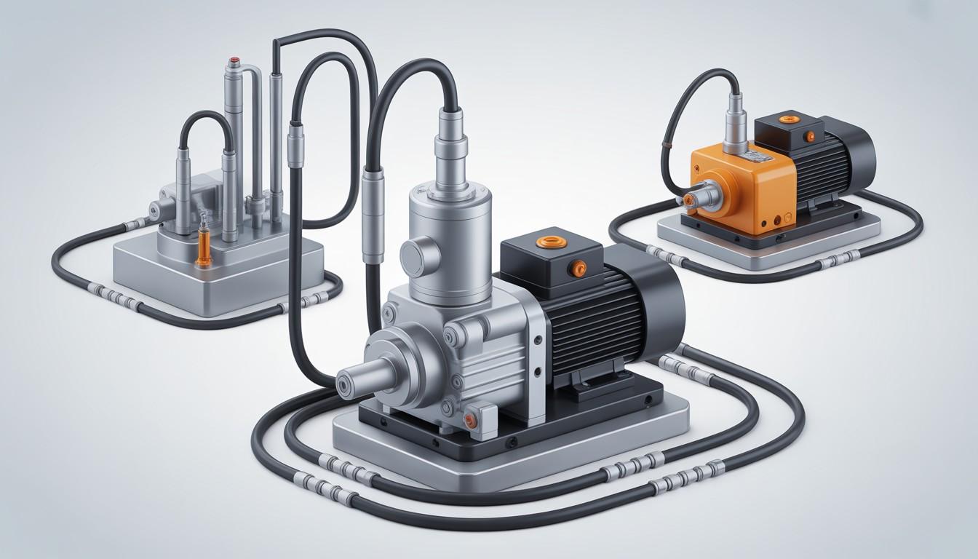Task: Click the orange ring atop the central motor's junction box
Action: pyautogui.click(x=545, y=242)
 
